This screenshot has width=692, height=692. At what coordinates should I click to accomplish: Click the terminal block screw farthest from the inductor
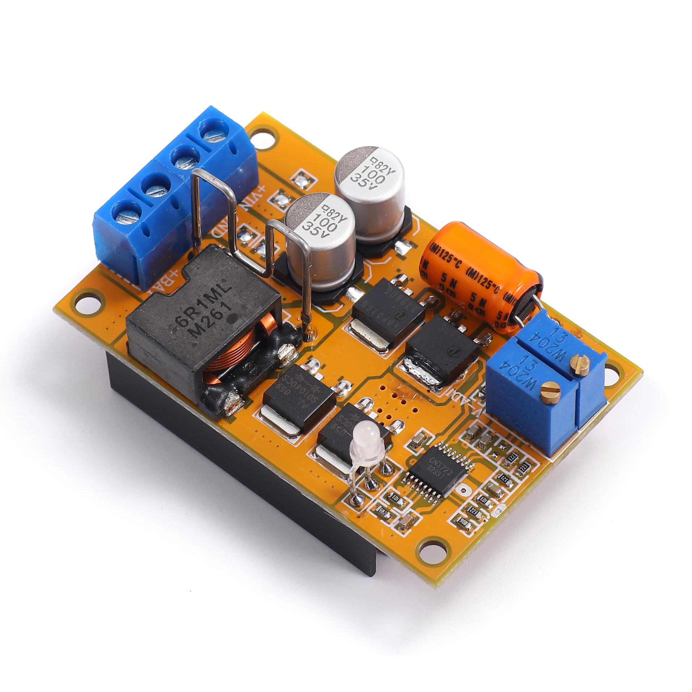(x=214, y=132)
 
